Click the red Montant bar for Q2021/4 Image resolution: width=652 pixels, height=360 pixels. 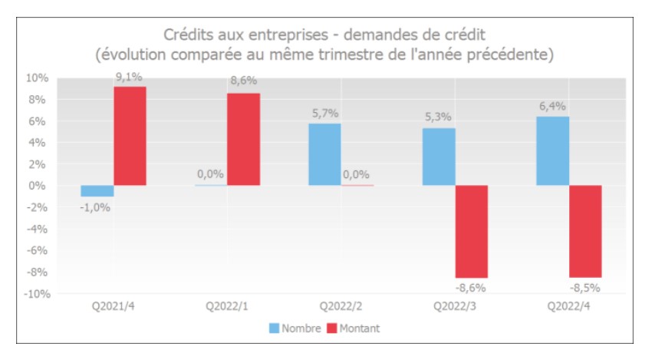tap(130, 136)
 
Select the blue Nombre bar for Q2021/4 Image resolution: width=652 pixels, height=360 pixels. tap(97, 191)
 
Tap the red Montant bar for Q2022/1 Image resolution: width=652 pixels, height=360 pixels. tap(243, 139)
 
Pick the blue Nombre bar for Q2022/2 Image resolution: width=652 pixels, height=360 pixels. tap(324, 154)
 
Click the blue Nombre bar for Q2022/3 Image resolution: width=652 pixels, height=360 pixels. tap(438, 157)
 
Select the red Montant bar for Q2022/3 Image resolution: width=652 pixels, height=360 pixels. tap(471, 231)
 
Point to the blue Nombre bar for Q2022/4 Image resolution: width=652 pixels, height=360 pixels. tap(552, 150)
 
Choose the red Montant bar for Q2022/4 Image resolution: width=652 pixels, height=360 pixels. tap(584, 231)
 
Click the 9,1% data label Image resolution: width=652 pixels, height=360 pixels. tap(130, 77)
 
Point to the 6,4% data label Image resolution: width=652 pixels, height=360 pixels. tap(552, 106)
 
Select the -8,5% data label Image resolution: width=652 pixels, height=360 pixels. tap(584, 288)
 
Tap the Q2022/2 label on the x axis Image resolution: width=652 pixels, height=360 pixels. tap(341, 306)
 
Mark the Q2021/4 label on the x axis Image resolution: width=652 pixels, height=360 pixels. tap(114, 306)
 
